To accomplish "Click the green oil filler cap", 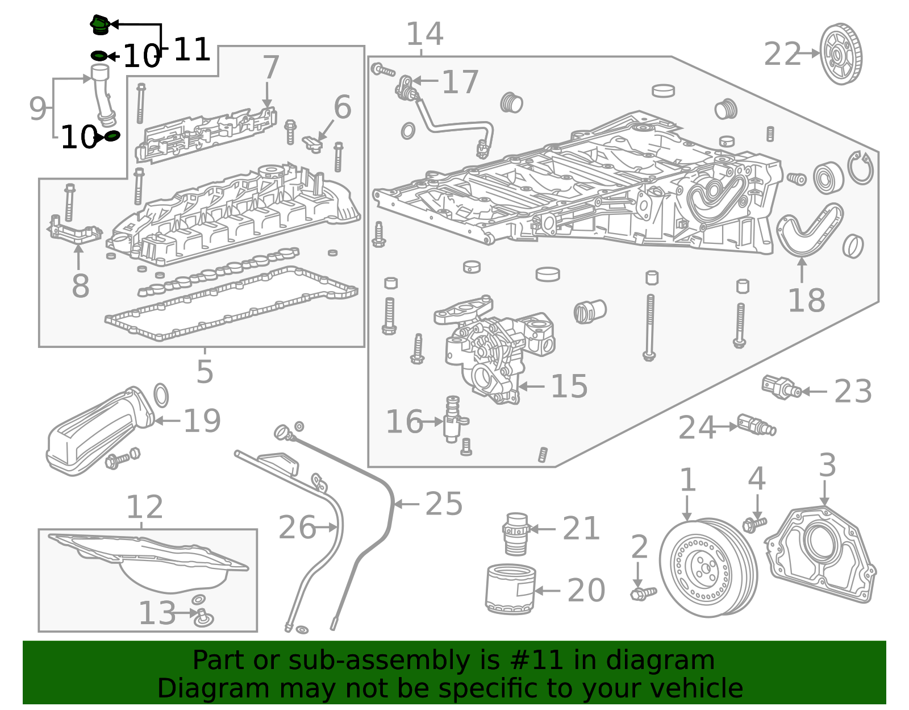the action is (x=100, y=24).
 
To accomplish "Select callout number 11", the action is (x=191, y=50).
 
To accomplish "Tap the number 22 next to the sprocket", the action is (x=782, y=55).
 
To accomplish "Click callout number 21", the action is (x=581, y=529).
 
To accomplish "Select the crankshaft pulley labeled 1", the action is (x=708, y=568).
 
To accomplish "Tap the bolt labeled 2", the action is (x=643, y=593).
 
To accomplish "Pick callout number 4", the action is (x=757, y=478).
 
